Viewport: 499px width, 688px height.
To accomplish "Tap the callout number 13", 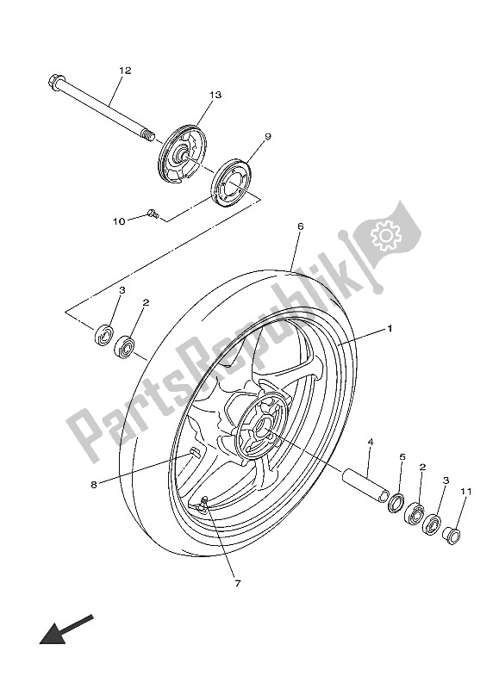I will [215, 95].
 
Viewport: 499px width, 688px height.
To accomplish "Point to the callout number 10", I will [120, 221].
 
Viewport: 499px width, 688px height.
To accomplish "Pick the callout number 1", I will [389, 328].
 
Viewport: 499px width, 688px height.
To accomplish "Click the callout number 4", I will [369, 443].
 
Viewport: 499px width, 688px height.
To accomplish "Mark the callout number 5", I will [401, 456].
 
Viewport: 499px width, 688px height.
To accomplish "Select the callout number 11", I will [466, 492].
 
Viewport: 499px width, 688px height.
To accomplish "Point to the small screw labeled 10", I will [152, 212].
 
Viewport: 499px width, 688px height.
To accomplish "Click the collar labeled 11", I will [452, 535].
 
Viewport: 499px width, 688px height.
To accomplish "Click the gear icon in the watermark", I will [382, 235].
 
